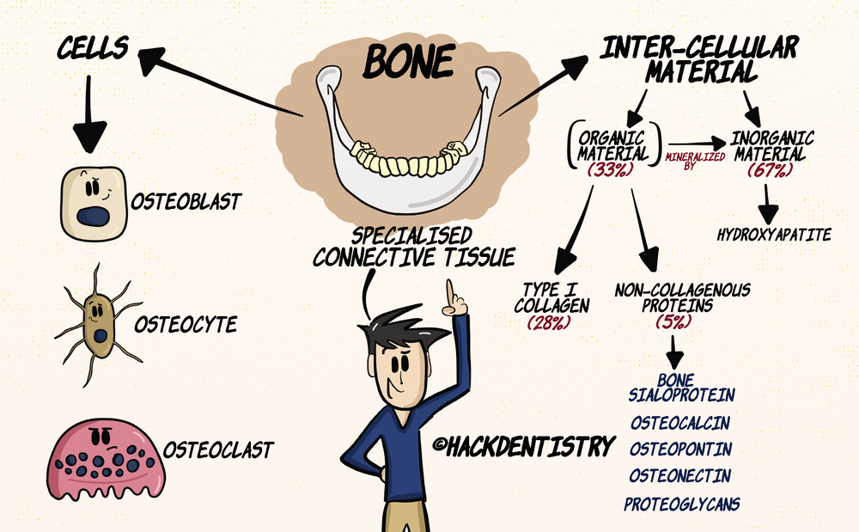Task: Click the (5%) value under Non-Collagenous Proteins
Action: [672, 321]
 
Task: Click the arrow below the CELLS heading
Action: [89, 112]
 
